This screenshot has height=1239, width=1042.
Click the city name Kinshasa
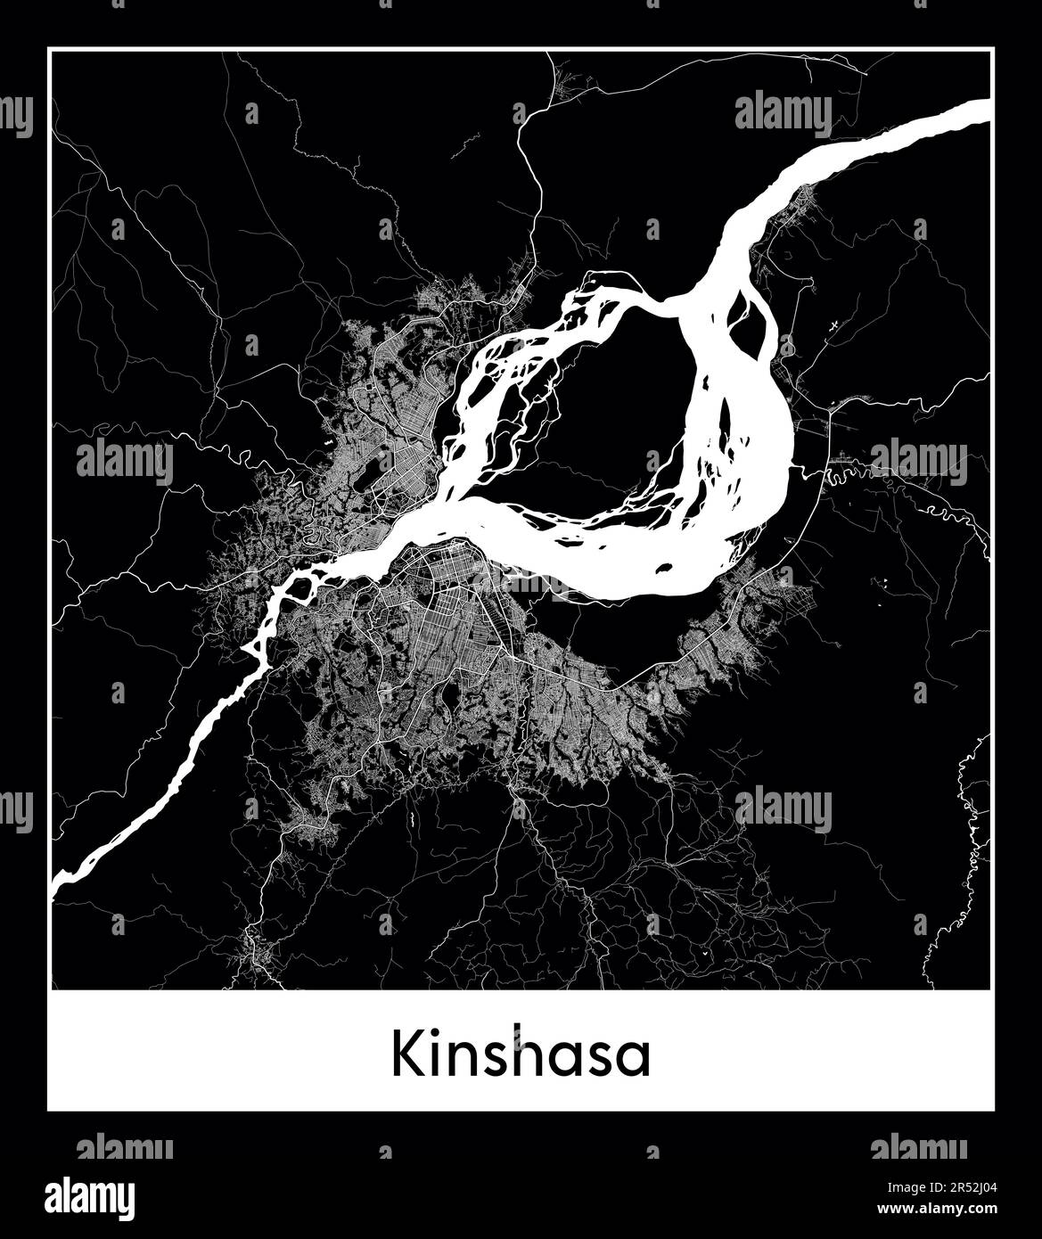(x=521, y=1056)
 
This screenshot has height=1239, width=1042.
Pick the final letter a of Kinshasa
(x=636, y=1061)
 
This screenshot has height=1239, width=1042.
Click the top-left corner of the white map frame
(x=50, y=50)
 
